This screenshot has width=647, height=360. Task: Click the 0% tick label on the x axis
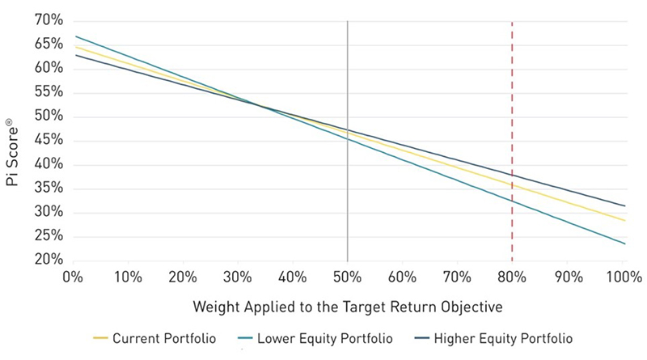72,277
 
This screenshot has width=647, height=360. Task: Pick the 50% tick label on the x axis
347,277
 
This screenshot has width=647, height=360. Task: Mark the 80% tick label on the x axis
512,277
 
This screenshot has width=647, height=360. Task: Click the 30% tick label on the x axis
237,277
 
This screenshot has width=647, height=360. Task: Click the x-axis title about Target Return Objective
347,308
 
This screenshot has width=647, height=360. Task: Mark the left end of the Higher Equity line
74,55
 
